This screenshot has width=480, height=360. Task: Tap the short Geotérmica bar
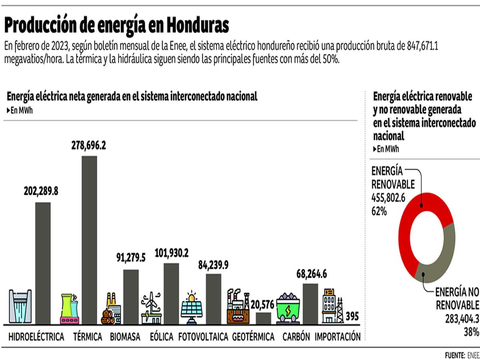pos(263,318)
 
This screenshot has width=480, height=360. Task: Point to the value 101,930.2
pos(171,253)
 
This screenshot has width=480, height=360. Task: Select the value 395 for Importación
pos(352,316)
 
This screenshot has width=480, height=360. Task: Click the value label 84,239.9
pos(213,264)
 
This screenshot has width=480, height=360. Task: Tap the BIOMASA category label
pos(125,337)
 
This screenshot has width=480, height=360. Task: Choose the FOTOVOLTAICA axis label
pos(203,337)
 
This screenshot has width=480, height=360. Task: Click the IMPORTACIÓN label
pos(338,337)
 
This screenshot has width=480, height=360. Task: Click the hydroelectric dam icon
pos(20,306)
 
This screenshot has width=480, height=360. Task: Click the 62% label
pos(379,212)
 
